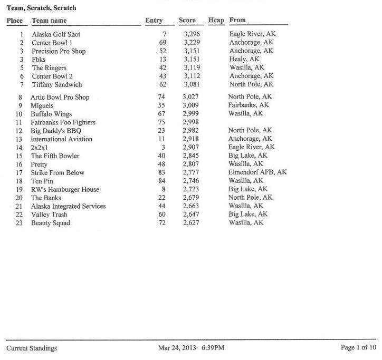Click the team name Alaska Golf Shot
pos(56,34)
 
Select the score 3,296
pos(192,34)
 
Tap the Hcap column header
pos(216,21)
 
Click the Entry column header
pos(154,21)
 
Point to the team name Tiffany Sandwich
pos(57,85)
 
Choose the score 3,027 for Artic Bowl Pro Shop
pos(191,97)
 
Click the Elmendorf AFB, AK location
pos(257,172)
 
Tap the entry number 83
pos(162,172)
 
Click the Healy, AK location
pos(244,60)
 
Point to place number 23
pos(19,223)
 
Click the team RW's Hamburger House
pos(65,189)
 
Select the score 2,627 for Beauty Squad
pos(191,223)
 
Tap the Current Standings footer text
pos(32,348)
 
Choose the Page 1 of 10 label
pos(359,348)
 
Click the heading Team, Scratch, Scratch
pos(41,8)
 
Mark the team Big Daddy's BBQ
pos(56,131)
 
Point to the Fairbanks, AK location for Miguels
pos(249,105)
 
